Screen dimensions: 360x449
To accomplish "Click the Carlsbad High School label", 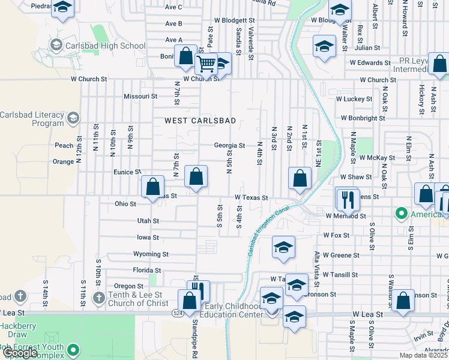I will [107, 46].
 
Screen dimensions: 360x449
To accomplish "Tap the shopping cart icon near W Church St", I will [206, 63].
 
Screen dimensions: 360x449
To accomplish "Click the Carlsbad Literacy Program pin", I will [74, 116].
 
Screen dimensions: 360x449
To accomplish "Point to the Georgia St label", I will [229, 145].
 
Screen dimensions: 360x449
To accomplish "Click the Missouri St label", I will [140, 96].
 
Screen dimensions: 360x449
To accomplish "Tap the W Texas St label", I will [250, 197].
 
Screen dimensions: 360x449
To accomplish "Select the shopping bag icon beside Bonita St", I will [186, 57].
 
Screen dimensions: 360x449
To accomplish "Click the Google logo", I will [19, 353].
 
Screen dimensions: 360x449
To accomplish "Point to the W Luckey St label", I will [354, 98].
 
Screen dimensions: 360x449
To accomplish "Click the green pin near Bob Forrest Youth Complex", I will [74, 349].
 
